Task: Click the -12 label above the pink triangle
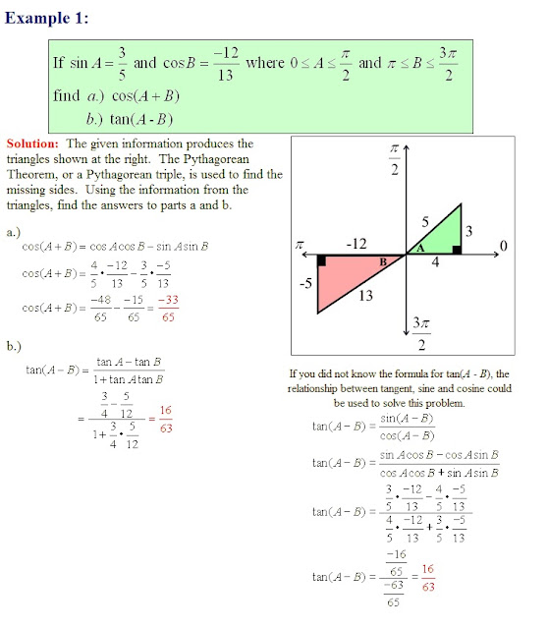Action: click(x=356, y=242)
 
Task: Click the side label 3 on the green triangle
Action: click(x=468, y=231)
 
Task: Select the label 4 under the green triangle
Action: click(x=435, y=263)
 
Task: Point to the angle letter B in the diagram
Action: click(x=384, y=260)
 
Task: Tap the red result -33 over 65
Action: click(x=169, y=310)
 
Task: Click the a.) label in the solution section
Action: click(x=14, y=233)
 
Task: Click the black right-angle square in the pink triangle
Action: click(x=321, y=261)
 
